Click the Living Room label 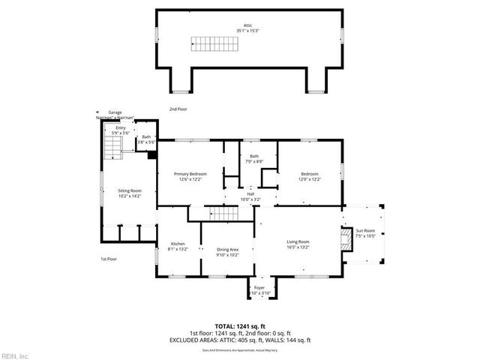[x=298, y=244]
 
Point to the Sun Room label [x=366, y=232]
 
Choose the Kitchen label [x=177, y=246]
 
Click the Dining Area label [x=227, y=251]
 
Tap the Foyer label [x=259, y=289]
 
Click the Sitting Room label [x=130, y=193]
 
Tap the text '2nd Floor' [x=177, y=109]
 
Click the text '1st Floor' [x=109, y=259]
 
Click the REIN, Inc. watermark [x=15, y=355]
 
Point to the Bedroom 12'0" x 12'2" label [x=310, y=176]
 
